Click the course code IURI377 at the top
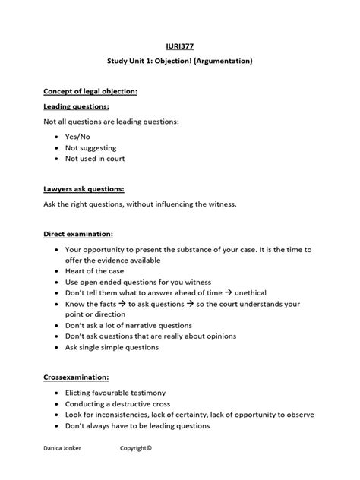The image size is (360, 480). click(180, 46)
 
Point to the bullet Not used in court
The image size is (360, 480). click(95, 159)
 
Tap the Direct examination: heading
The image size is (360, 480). click(78, 235)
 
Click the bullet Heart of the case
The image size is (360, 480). click(95, 271)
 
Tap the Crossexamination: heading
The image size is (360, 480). click(75, 377)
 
